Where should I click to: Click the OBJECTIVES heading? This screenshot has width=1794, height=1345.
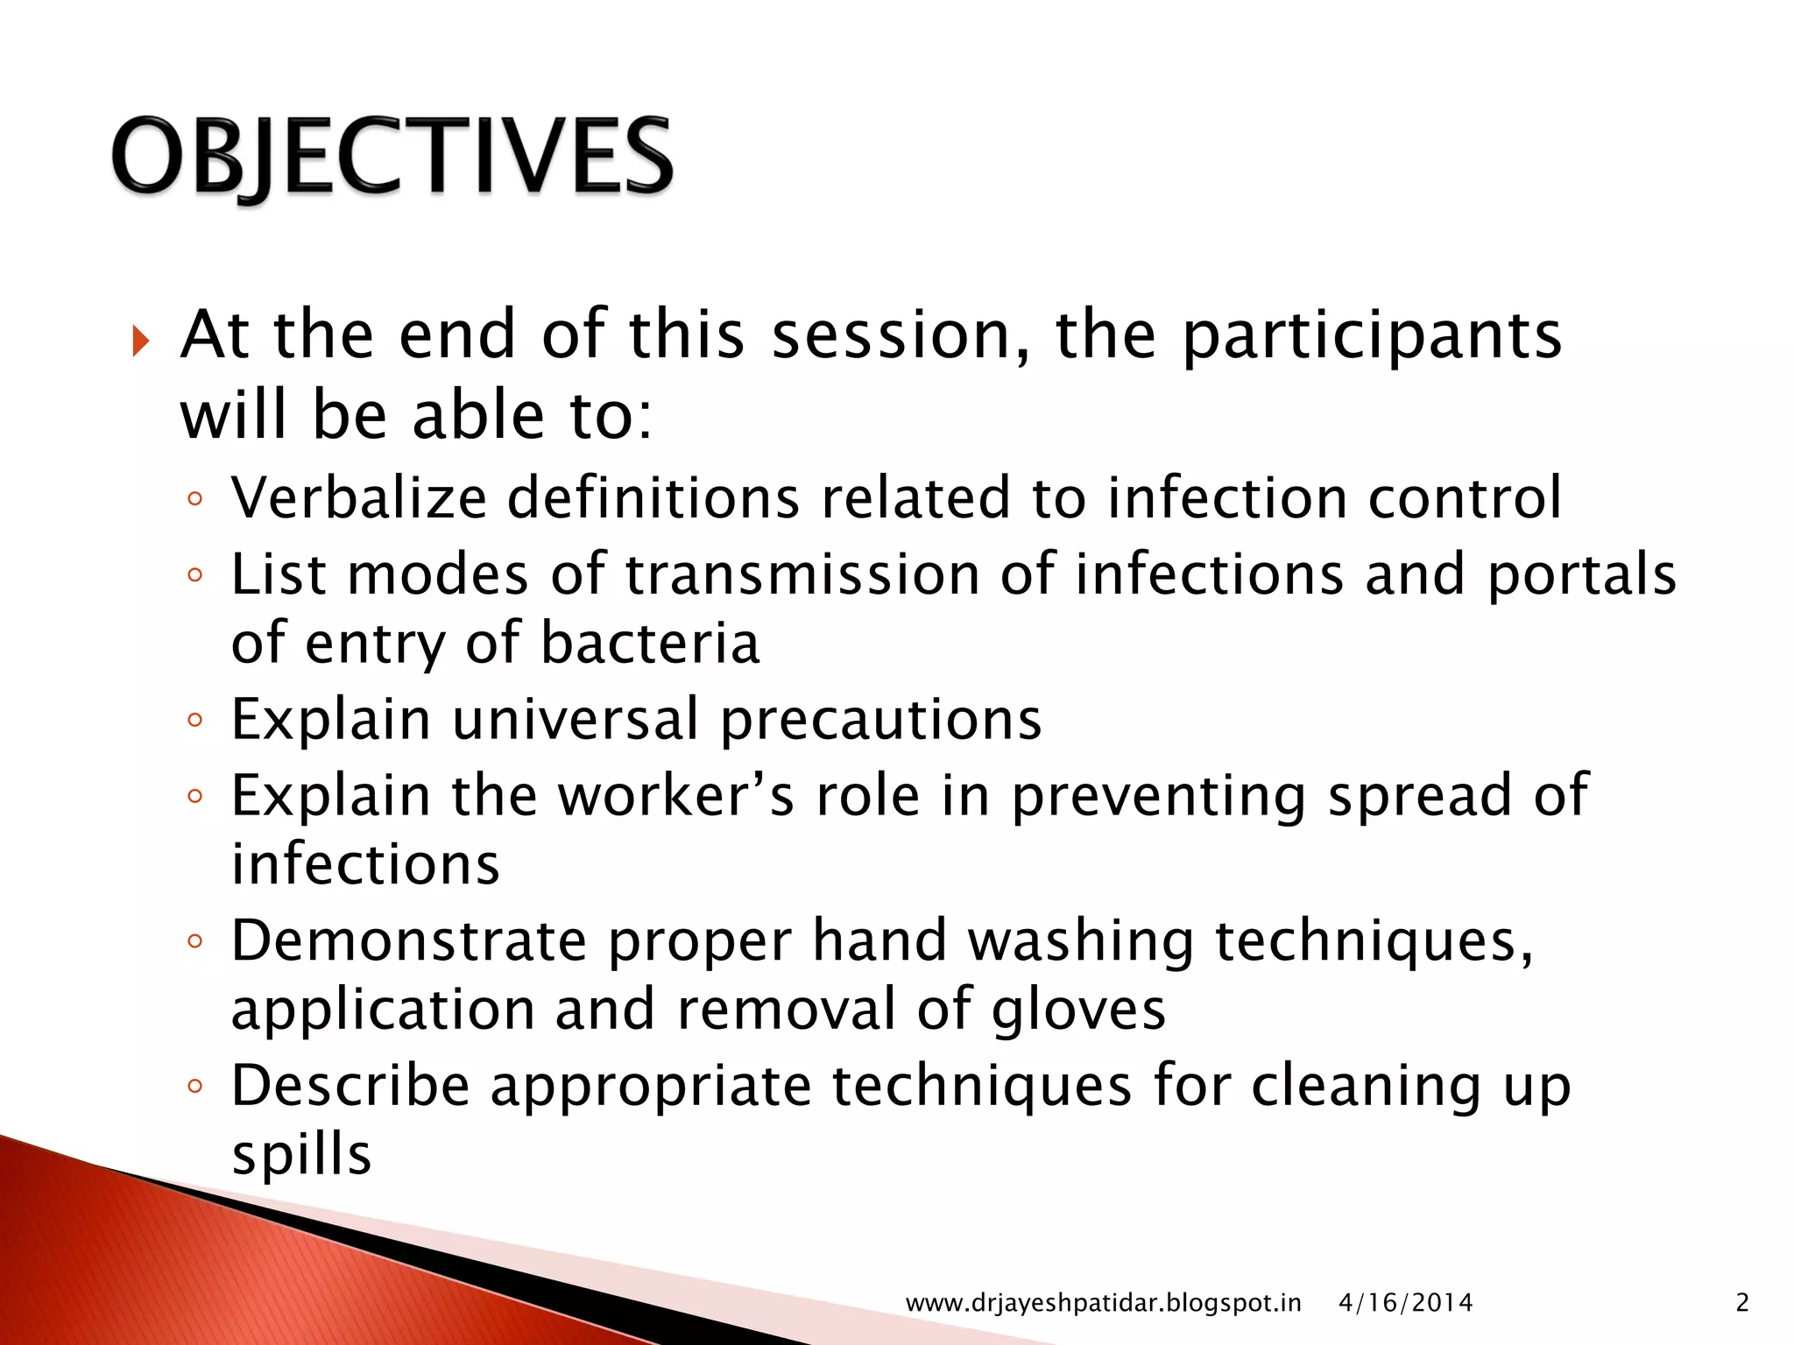click(x=392, y=158)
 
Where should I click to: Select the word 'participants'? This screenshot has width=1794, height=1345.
click(x=1372, y=337)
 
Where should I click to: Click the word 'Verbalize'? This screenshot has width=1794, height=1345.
click(x=358, y=498)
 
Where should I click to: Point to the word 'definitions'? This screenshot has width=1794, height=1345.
click(x=653, y=498)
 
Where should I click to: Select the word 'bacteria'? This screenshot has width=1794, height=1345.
click(x=650, y=644)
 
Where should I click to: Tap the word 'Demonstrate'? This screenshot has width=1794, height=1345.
click(x=409, y=941)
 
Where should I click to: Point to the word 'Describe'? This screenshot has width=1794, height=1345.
click(x=350, y=1087)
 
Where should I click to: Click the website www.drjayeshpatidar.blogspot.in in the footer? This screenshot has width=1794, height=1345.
click(x=1103, y=1303)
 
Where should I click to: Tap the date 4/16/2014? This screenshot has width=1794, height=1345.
click(x=1405, y=1303)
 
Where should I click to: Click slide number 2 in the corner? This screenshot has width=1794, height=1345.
click(x=1742, y=1303)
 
